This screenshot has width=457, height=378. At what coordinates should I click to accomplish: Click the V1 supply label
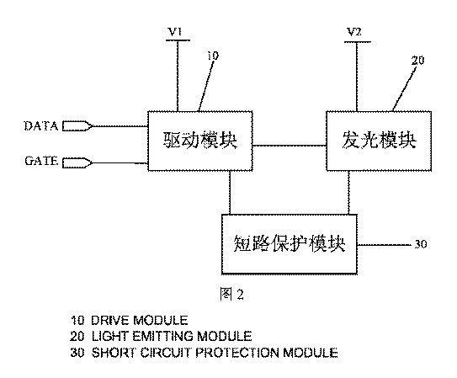(175, 31)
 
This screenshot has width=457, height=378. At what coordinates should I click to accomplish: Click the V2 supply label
(354, 31)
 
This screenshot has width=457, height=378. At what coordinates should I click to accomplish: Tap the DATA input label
(40, 126)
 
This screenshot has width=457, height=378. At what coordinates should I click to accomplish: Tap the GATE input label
(41, 161)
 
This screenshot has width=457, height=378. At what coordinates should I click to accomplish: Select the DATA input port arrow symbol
(77, 126)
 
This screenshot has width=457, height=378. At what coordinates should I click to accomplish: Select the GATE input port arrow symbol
(77, 162)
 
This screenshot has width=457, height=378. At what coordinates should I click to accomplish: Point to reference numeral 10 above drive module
(213, 56)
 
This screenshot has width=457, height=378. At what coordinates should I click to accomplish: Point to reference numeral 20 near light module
(417, 60)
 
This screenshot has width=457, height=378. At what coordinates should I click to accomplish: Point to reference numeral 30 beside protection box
(421, 244)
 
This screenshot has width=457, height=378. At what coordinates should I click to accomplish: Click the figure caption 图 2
(231, 294)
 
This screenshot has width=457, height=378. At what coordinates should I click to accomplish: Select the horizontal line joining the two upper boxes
(290, 145)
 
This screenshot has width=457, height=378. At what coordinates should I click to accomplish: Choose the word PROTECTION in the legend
(237, 353)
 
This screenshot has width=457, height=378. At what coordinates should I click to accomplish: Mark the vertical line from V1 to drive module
(178, 76)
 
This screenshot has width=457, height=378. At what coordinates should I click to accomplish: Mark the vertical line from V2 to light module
(357, 77)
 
